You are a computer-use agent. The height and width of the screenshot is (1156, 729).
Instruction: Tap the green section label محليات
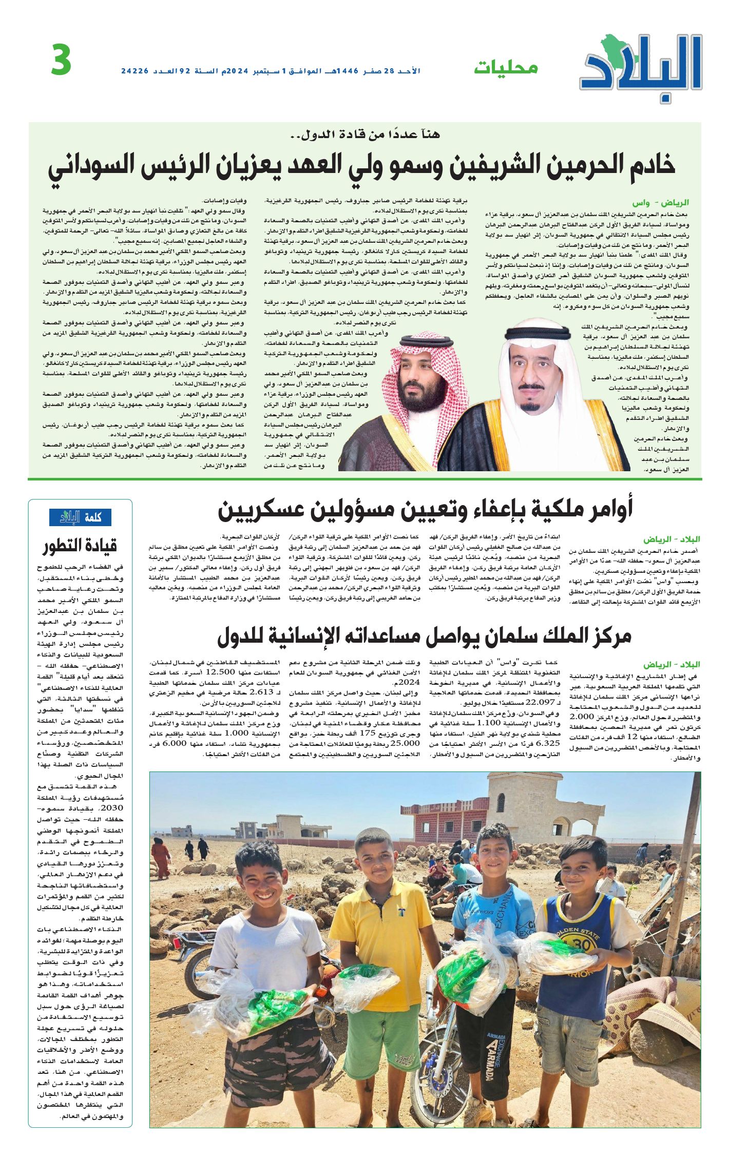505,68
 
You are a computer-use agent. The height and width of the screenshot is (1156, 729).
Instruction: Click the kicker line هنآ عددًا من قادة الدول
365,134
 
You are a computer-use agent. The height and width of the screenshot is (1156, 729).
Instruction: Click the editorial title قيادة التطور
80,546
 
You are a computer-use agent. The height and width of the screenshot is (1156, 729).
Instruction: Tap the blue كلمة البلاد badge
80,517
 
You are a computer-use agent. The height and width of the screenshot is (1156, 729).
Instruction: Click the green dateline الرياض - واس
667,203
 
